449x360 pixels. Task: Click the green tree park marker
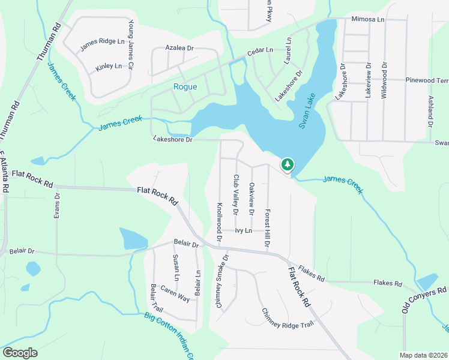click(x=288, y=164)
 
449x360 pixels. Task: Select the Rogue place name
click(x=185, y=87)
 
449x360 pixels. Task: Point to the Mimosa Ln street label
click(x=368, y=19)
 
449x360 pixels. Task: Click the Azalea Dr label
click(x=180, y=47)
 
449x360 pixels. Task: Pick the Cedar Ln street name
click(x=261, y=51)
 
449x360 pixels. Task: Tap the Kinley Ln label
click(x=109, y=65)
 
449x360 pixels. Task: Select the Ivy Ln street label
click(x=243, y=230)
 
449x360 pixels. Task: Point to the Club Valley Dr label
click(x=236, y=194)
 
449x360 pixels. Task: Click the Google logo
click(x=20, y=353)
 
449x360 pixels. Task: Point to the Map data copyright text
click(x=423, y=355)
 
